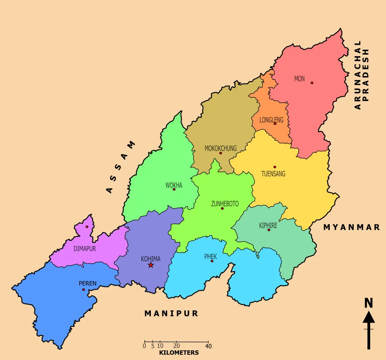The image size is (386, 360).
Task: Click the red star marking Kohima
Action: click(151, 265)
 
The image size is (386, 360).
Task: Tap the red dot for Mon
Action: click(312, 83)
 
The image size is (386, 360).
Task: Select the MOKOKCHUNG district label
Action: click(221, 148)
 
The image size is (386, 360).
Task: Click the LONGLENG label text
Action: click(271, 120)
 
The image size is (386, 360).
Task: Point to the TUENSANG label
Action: click(273, 174)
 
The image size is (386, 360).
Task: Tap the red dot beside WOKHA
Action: click(174, 189)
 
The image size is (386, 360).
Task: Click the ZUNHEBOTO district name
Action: click(225, 204)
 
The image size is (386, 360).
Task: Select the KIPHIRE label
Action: click(268, 225)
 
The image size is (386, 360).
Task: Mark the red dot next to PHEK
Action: click(212, 261)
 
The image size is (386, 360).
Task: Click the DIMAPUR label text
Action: click(85, 248)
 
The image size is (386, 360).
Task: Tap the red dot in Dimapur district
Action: click(87, 227)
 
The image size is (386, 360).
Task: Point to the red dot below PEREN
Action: click(84, 290)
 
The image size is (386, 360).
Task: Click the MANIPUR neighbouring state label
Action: click(171, 313)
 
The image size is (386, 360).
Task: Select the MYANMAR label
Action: click(352, 227)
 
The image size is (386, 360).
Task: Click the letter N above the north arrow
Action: click(368, 303)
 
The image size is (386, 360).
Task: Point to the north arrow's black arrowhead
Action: click(368, 317)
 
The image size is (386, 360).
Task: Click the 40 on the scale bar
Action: click(208, 346)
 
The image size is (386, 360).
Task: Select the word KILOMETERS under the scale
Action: click(179, 353)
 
